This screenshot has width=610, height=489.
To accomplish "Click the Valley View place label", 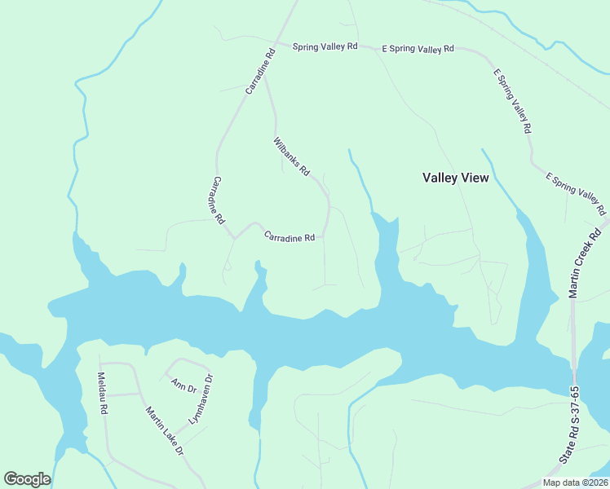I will click(x=455, y=178).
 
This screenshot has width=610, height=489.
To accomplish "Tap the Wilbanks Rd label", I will click(x=291, y=156).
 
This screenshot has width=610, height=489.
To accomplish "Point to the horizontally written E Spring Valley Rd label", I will click(x=418, y=49).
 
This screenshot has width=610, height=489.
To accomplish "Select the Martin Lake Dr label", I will click(x=165, y=430).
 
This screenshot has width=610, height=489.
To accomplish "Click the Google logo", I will click(x=27, y=479).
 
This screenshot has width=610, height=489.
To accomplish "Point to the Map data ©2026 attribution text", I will click(x=575, y=482).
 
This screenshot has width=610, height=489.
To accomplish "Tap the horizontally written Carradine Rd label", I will click(x=289, y=238).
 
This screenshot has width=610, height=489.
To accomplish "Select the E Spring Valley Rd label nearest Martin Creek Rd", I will click(x=577, y=194).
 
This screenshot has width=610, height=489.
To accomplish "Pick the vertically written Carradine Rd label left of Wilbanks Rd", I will click(x=219, y=200).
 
